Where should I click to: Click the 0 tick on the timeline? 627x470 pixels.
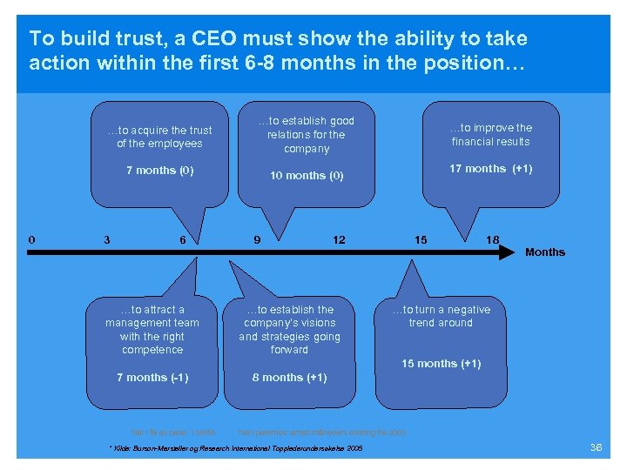[32, 239]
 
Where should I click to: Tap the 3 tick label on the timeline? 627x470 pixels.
[106, 240]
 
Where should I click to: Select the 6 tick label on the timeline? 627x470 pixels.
[182, 240]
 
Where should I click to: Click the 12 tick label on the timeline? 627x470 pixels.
[339, 240]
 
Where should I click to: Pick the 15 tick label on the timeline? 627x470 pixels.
[421, 240]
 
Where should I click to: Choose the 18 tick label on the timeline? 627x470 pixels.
[493, 240]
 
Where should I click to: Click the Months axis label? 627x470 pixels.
[544, 252]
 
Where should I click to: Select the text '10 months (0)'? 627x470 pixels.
[307, 176]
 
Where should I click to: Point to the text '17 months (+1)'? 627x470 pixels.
[490, 169]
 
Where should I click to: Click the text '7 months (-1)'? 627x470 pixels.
[152, 378]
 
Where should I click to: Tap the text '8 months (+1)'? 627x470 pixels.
[289, 378]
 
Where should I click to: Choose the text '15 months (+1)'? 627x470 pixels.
[441, 364]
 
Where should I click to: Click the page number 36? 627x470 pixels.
[596, 447]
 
